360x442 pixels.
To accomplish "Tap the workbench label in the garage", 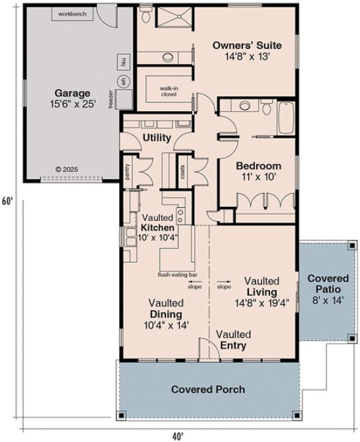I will pyautogui.click(x=71, y=13).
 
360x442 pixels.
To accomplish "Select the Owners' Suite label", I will pyautogui.click(x=247, y=51).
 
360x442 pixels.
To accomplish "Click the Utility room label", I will pyautogui.click(x=158, y=138).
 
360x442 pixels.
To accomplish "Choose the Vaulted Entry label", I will pyautogui.click(x=233, y=339).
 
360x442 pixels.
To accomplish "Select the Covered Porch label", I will pyautogui.click(x=208, y=389).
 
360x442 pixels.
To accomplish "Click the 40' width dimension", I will pyautogui.click(x=178, y=435).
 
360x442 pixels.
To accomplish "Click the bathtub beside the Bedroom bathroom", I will pyautogui.click(x=285, y=118).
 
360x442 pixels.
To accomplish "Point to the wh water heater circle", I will pyautogui.click(x=122, y=81).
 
